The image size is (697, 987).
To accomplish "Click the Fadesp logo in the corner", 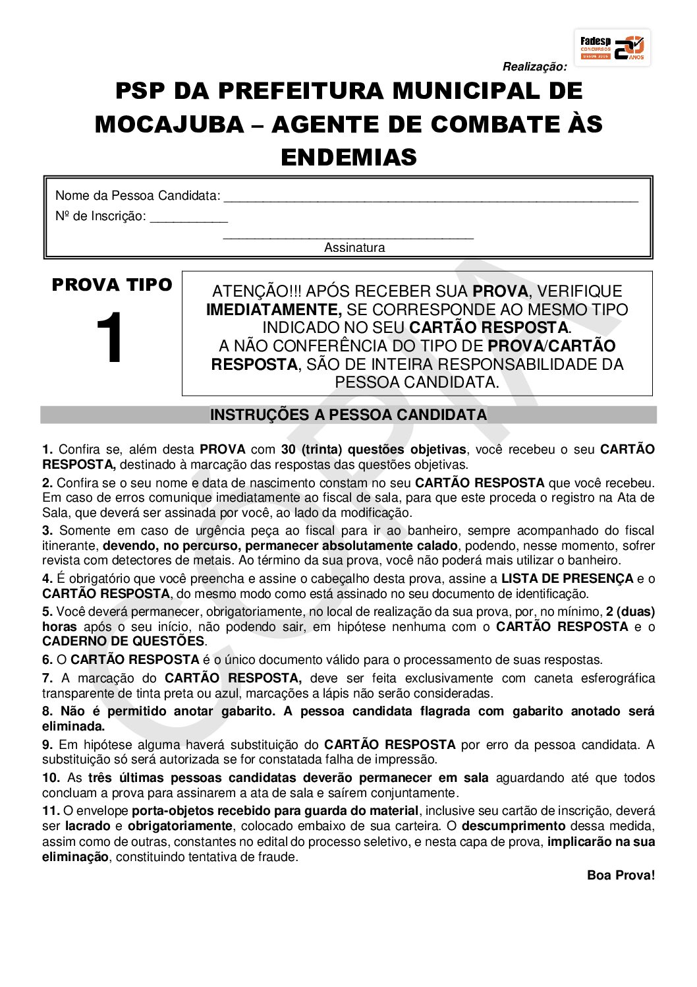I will point(613,47).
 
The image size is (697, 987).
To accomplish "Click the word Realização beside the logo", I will point(534,67).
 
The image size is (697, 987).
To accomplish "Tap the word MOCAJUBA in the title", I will point(169,124).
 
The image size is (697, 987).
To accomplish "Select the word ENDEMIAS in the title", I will point(348,157).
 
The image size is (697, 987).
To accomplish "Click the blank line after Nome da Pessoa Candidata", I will point(431,197).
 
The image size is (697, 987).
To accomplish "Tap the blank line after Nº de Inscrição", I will point(189,218).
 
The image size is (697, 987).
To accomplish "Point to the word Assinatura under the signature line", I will point(354,248).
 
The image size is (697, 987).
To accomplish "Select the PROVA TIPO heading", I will point(112,285).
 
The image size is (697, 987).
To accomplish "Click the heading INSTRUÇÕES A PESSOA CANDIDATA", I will point(348,415).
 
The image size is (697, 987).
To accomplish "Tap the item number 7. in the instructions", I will point(47,678).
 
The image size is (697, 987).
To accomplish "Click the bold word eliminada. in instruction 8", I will point(74,727).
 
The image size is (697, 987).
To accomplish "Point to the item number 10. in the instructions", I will point(51,777).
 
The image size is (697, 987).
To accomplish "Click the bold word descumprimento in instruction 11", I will point(513,825).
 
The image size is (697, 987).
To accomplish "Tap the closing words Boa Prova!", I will point(621,875).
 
